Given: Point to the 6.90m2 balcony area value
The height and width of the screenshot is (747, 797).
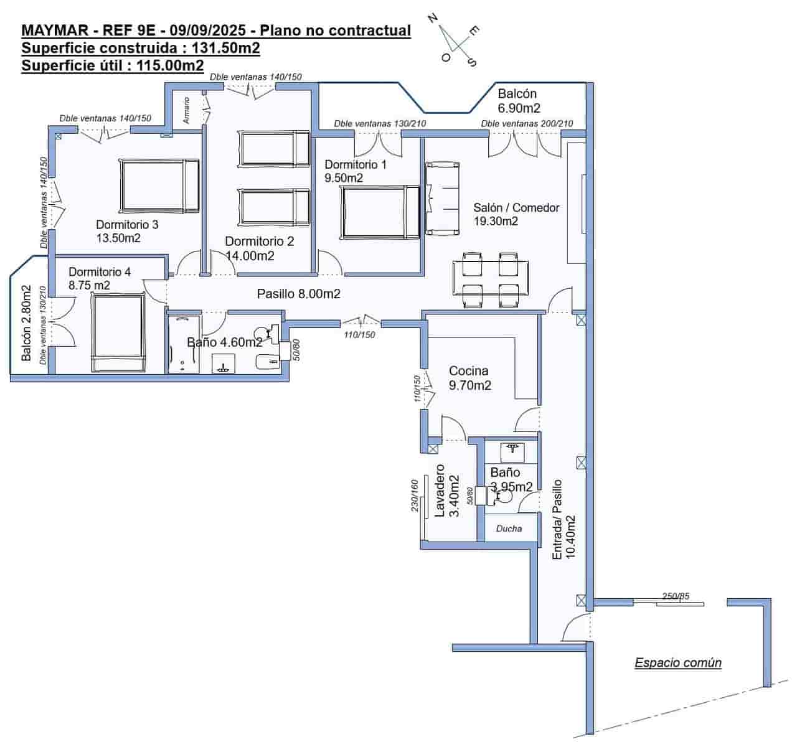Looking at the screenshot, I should click(519, 108).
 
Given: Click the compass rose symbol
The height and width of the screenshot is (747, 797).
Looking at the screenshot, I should click(454, 39).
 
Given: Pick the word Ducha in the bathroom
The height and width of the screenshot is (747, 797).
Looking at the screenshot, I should click(509, 529).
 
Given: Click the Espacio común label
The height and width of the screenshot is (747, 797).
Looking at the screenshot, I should click(677, 663).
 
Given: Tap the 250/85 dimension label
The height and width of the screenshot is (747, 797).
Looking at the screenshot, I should click(676, 596).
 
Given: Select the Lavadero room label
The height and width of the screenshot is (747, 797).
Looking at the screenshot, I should click(440, 491).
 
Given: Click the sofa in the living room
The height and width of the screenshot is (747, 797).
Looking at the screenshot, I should click(443, 199).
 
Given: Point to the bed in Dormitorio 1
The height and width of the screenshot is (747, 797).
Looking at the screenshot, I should click(380, 212).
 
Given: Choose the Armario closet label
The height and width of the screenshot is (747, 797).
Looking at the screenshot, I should click(186, 110).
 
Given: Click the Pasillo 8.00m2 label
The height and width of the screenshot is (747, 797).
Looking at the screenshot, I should click(299, 294).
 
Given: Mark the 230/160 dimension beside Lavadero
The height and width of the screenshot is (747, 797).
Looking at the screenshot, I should click(415, 496).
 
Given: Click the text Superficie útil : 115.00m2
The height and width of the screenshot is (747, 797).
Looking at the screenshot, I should click(113, 65).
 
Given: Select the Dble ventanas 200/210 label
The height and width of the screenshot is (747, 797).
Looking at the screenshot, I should click(527, 123).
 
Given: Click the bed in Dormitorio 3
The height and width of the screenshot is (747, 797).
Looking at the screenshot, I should click(160, 186).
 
